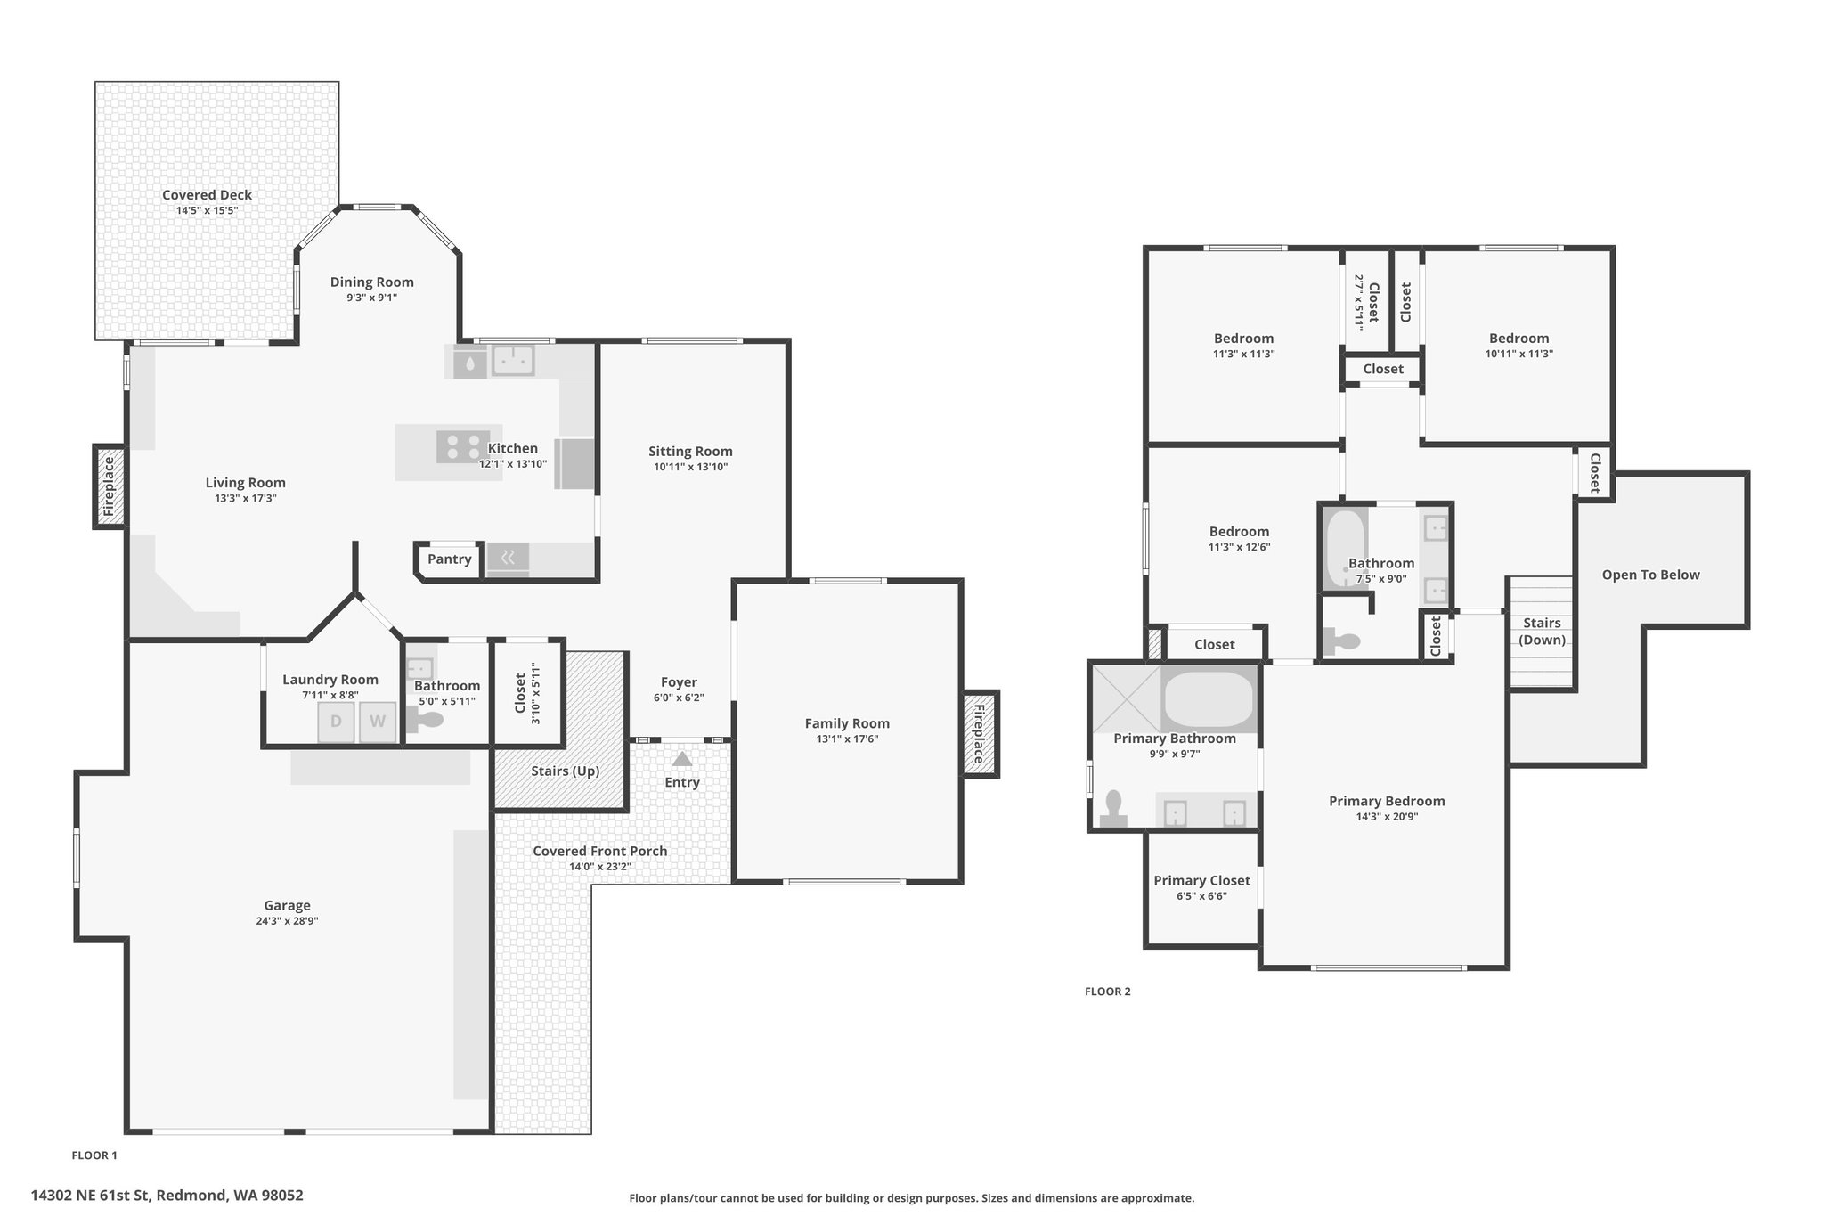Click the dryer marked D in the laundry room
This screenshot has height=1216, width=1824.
[x=337, y=722]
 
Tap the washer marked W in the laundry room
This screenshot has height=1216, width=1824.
[x=378, y=722]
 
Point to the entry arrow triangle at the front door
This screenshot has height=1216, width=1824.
[x=682, y=759]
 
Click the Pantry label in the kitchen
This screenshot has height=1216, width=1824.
[x=449, y=559]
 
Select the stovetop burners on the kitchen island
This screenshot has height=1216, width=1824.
[x=462, y=446]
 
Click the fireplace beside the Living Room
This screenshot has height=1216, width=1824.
[x=110, y=487]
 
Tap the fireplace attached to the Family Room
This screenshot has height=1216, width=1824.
[x=979, y=734]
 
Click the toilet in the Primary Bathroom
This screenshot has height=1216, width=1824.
[x=1112, y=810]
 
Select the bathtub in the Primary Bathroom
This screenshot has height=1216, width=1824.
[x=1209, y=699]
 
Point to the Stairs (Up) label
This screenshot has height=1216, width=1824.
[x=566, y=771]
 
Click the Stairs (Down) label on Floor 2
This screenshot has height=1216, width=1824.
[x=1542, y=632]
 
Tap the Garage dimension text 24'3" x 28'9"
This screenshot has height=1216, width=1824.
[x=287, y=921]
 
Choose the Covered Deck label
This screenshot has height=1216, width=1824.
[x=207, y=195]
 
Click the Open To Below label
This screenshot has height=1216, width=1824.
[x=1650, y=575]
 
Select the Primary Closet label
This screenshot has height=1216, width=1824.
[x=1201, y=881]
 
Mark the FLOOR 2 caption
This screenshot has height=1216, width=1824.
[x=1107, y=992]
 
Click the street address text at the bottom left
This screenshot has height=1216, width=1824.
[x=167, y=1196]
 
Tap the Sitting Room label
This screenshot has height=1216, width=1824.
[x=690, y=452]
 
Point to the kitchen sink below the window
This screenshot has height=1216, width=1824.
[x=513, y=361]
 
